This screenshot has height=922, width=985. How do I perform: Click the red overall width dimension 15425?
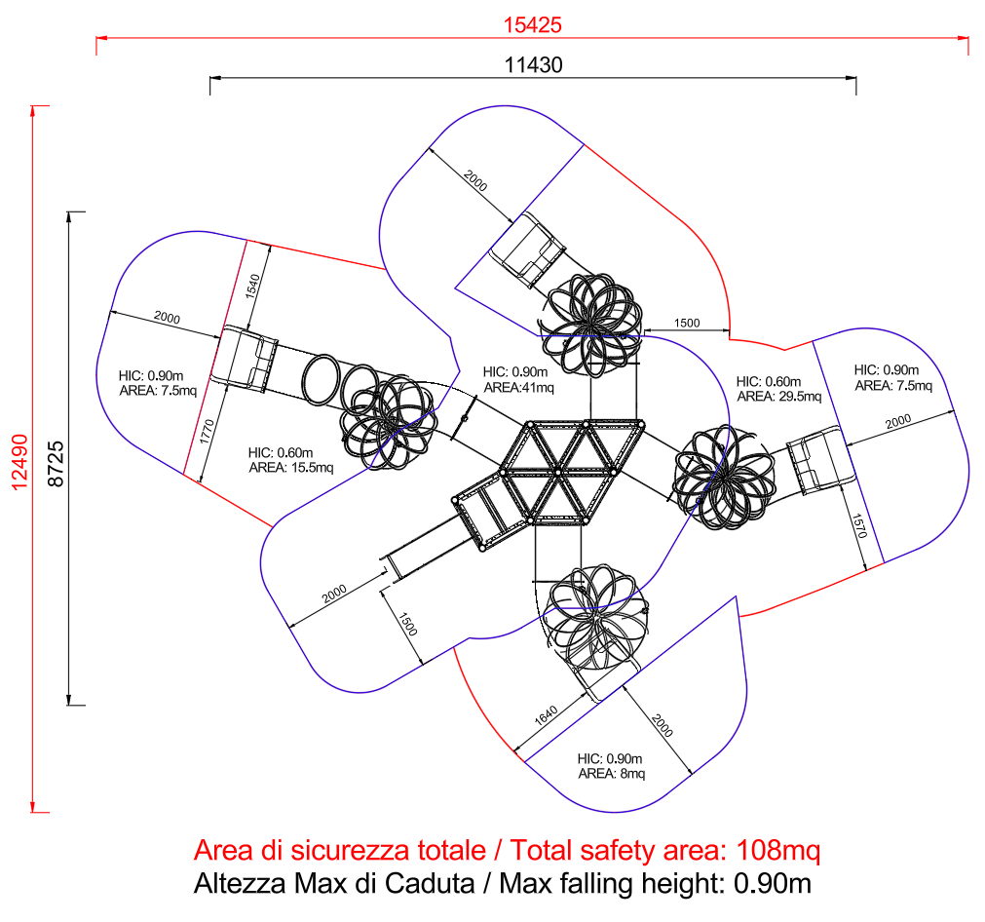tap(533, 24)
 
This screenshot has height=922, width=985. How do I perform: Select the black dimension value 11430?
tap(533, 64)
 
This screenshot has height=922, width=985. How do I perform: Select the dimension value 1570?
tap(859, 527)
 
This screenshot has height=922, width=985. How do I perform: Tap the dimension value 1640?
tap(546, 717)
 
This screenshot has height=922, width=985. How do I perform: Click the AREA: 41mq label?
tap(518, 387)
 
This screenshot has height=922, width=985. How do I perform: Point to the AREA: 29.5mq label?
tap(778, 397)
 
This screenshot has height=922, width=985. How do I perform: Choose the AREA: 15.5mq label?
tap(290, 467)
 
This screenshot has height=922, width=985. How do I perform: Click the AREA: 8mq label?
tap(611, 773)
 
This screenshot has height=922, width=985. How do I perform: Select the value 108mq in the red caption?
tap(778, 850)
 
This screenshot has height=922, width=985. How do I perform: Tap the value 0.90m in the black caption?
tap(772, 884)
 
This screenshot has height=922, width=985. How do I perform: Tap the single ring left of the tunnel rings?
tap(322, 376)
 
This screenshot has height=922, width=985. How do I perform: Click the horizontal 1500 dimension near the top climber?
tap(687, 323)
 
